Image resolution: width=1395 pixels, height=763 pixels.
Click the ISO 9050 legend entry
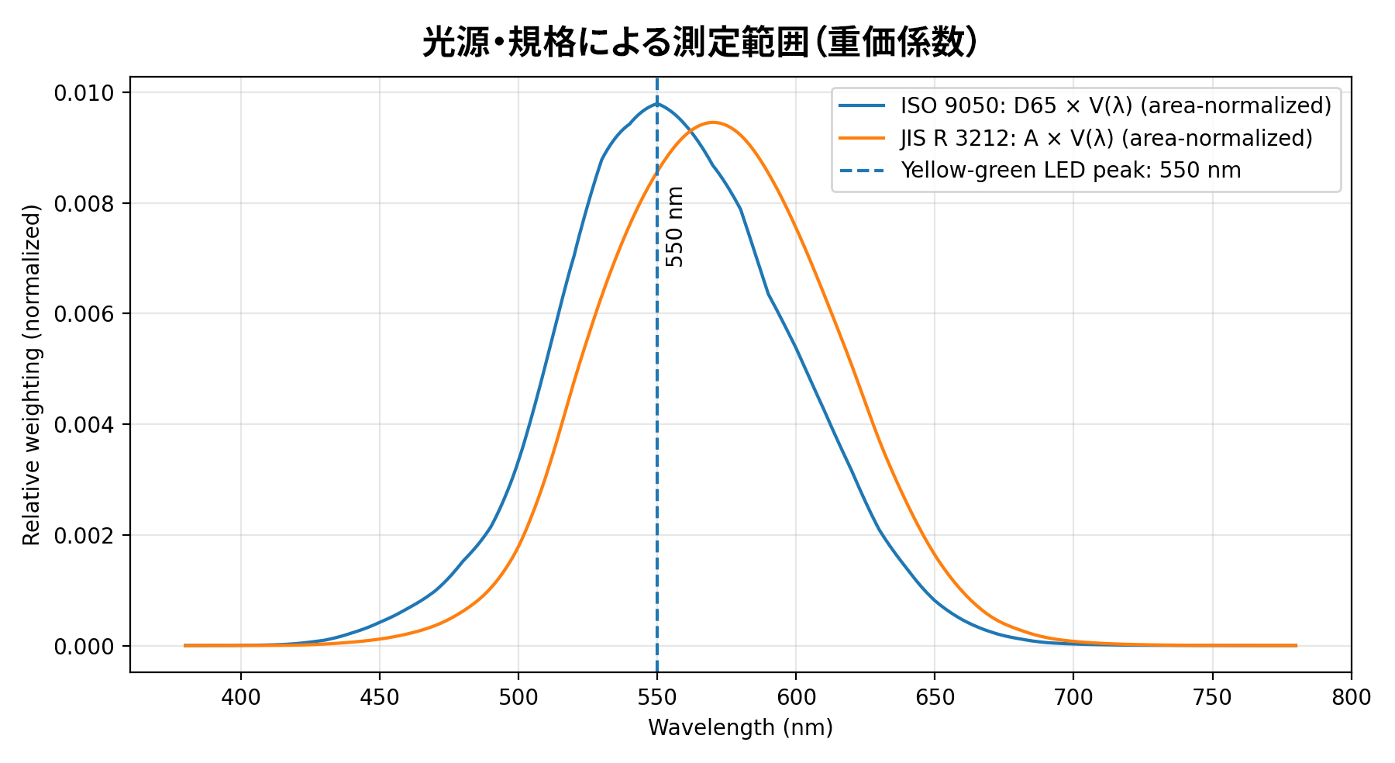click(1115, 105)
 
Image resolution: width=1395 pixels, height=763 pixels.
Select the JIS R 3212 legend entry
click(1106, 138)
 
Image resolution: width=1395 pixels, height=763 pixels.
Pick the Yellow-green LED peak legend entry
click(1070, 171)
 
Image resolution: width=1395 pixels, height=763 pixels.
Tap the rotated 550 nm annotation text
click(675, 226)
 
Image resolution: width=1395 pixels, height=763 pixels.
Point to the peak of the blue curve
click(657, 103)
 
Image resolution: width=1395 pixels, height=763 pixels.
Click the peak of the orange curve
click(713, 123)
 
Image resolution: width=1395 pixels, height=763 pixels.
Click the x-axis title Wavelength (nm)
click(740, 728)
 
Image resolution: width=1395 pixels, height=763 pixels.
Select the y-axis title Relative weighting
click(32, 375)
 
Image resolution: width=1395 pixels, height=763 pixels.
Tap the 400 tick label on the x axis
click(241, 698)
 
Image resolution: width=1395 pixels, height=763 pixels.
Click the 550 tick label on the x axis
click(657, 698)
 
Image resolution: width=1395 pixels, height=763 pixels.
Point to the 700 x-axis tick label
click(1073, 698)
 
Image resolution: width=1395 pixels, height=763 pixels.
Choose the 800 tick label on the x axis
click(1351, 698)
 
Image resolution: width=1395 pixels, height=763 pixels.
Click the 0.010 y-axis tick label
click(83, 93)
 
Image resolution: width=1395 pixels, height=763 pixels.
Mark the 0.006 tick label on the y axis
click(83, 314)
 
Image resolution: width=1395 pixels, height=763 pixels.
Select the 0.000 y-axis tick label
click(83, 646)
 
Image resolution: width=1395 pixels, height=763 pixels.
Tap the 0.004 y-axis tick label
click(83, 425)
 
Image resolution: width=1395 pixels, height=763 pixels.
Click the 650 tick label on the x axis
click(935, 698)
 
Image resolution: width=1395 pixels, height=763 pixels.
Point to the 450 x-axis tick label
click(380, 698)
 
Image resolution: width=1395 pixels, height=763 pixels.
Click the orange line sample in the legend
click(862, 138)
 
